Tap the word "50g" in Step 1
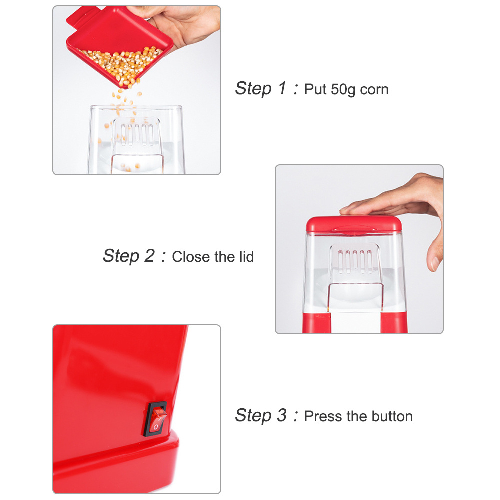click(343, 90)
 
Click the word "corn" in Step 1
click(374, 90)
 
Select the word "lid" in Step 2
click(246, 257)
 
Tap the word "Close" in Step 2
click(191, 257)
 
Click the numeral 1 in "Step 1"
click(282, 88)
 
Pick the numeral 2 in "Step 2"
click(149, 255)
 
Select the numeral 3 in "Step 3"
click(282, 415)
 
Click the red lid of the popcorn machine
click(353, 225)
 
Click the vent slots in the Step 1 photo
click(137, 134)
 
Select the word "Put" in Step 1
click(315, 89)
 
